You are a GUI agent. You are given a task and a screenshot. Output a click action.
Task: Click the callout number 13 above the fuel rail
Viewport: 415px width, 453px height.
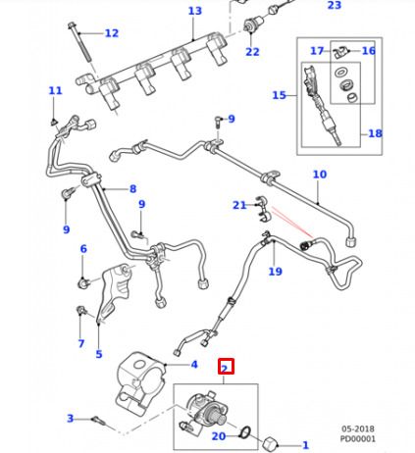[195, 11]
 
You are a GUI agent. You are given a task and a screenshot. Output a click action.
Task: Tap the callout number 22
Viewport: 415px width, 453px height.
[252, 52]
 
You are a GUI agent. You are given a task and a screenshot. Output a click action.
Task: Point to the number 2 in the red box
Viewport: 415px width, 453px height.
[225, 369]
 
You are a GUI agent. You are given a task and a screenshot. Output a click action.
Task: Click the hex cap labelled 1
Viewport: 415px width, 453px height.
[271, 443]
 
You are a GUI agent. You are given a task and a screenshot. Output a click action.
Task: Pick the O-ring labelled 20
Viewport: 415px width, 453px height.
[245, 431]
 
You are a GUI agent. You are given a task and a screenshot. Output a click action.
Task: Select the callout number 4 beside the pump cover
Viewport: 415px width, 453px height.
[194, 364]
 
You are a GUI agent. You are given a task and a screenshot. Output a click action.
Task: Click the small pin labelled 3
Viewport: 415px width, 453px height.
[99, 421]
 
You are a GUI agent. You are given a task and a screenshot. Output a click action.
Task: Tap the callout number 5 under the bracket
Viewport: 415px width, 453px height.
[99, 354]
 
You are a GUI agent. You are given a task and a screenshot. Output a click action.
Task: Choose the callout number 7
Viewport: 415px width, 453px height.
[81, 343]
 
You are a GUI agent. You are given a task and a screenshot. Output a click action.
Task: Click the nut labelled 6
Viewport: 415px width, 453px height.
[83, 282]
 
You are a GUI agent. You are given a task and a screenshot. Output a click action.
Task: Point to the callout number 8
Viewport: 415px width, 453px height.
[132, 188]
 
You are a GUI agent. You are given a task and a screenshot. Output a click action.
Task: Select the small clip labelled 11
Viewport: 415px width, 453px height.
[53, 123]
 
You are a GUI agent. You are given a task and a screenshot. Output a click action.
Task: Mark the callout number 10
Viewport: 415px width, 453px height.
[320, 175]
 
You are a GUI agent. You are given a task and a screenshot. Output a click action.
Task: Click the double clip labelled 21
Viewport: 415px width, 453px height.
[263, 209]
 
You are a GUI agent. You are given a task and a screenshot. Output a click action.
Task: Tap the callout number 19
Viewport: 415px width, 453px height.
[275, 272]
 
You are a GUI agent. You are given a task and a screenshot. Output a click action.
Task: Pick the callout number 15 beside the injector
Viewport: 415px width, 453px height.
[279, 95]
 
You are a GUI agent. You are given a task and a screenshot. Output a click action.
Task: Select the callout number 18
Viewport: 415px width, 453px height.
[375, 133]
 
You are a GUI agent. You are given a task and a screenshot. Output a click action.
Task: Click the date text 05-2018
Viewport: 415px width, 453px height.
[358, 428]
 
